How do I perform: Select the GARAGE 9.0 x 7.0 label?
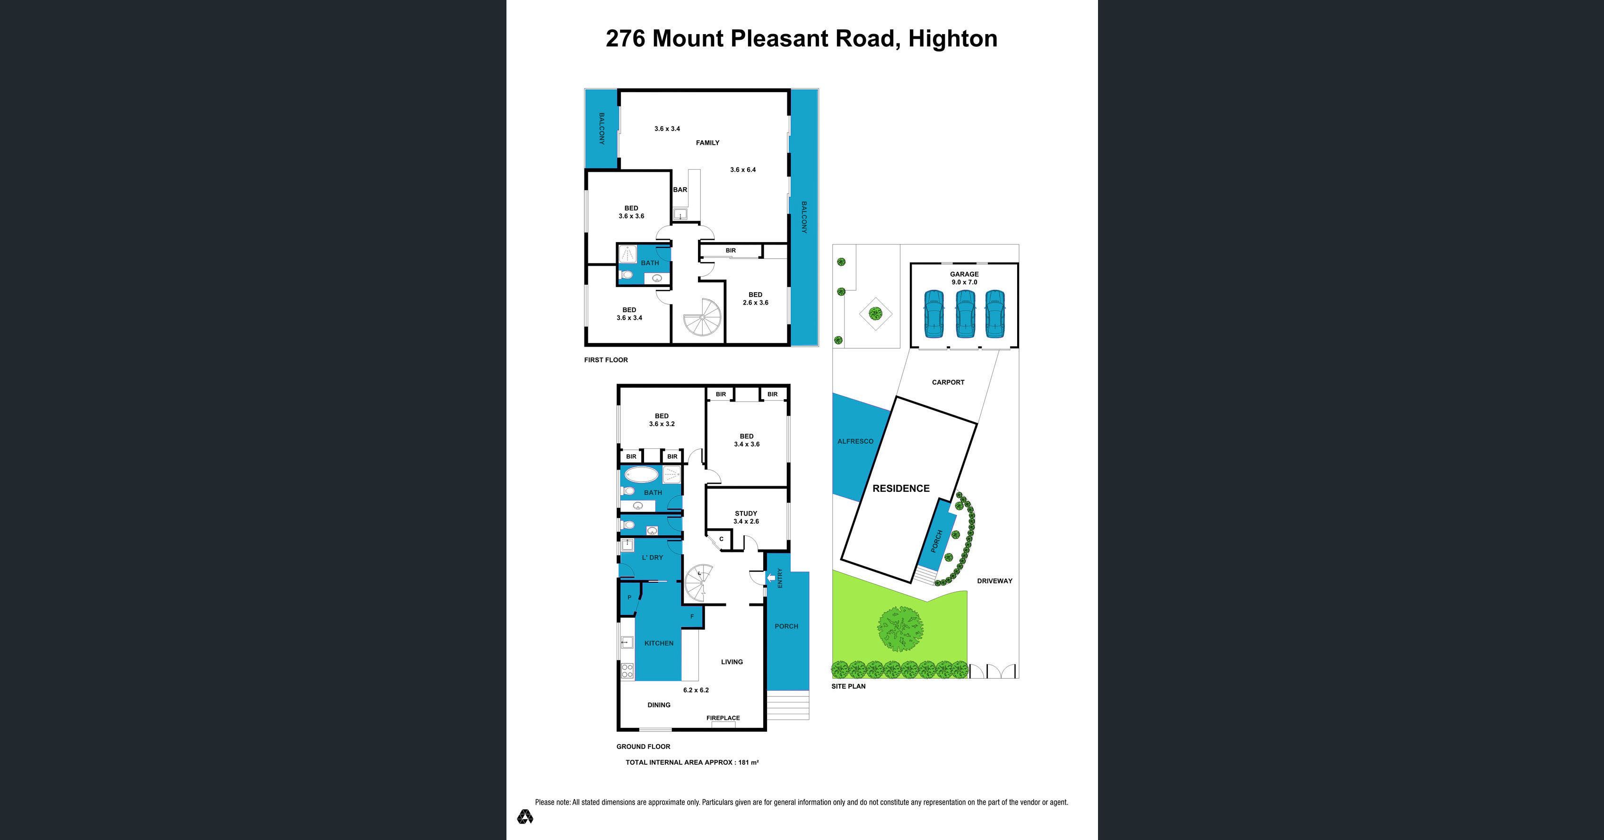point(964,278)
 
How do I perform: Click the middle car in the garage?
point(965,315)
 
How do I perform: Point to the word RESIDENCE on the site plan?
point(901,489)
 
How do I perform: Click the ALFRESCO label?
point(855,441)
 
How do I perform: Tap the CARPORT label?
point(948,382)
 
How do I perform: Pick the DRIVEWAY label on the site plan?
point(994,581)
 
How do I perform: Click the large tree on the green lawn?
point(900,630)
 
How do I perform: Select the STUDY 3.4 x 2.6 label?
point(746,517)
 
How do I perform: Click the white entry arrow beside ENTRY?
point(771,578)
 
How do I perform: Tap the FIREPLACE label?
point(723,718)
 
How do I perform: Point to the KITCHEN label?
point(659,643)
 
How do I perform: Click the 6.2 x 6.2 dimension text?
point(696,690)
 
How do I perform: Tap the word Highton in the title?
point(953,39)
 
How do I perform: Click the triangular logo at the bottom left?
point(525,816)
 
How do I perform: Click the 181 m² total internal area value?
point(749,762)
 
